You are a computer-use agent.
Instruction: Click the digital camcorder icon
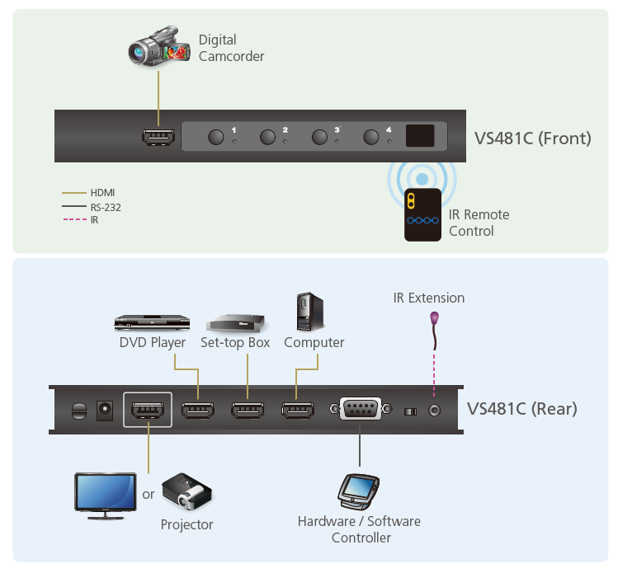pyautogui.click(x=159, y=46)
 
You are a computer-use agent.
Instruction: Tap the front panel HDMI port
pyautogui.click(x=158, y=137)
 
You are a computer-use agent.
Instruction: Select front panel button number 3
pyautogui.click(x=319, y=137)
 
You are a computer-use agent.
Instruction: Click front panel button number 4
pyautogui.click(x=370, y=137)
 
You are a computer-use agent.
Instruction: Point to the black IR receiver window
pyautogui.click(x=420, y=136)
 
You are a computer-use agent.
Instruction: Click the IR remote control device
pyautogui.click(x=422, y=214)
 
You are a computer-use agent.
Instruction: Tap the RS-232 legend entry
pyautogui.click(x=92, y=207)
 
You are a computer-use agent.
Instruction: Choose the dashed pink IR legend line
pyautogui.click(x=75, y=219)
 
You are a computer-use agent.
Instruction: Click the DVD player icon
pyautogui.click(x=152, y=322)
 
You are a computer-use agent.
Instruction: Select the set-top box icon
pyautogui.click(x=236, y=323)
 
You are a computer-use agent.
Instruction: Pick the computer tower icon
pyautogui.click(x=310, y=312)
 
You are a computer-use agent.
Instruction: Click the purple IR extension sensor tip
pyautogui.click(x=434, y=317)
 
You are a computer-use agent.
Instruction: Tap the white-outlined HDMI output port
pyautogui.click(x=148, y=410)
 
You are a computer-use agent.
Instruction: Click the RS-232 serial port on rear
pyautogui.click(x=361, y=409)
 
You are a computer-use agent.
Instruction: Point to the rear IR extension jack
pyautogui.click(x=434, y=411)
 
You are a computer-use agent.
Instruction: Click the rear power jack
pyautogui.click(x=105, y=411)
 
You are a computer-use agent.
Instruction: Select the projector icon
pyautogui.click(x=187, y=492)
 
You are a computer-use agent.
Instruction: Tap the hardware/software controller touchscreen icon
pyautogui.click(x=358, y=492)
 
